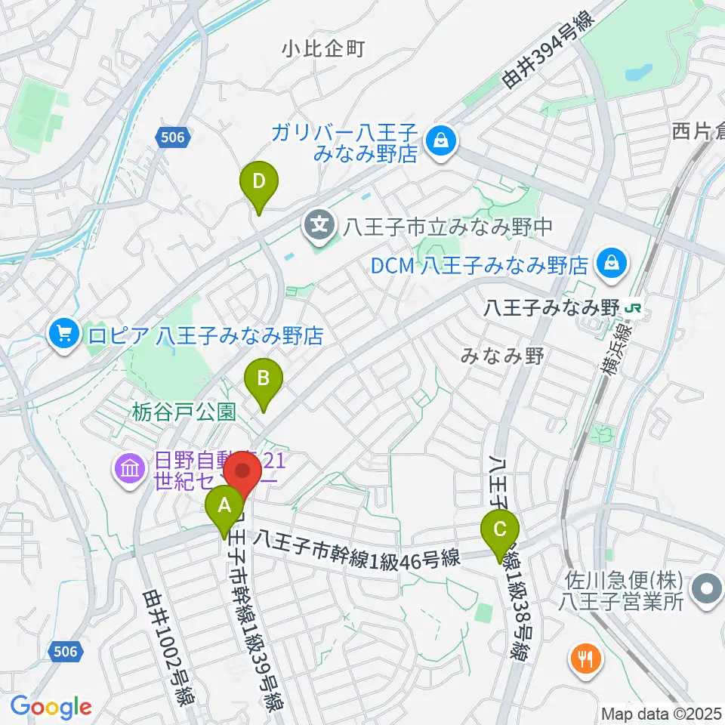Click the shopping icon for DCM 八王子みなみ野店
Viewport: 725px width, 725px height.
click(x=608, y=263)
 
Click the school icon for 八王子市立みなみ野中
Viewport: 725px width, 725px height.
click(x=320, y=224)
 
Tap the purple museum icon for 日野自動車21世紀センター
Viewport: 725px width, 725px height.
click(x=129, y=470)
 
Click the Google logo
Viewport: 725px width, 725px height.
click(x=51, y=707)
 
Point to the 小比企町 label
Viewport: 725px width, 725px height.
click(x=323, y=50)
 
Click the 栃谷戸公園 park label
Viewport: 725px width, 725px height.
click(x=184, y=412)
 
